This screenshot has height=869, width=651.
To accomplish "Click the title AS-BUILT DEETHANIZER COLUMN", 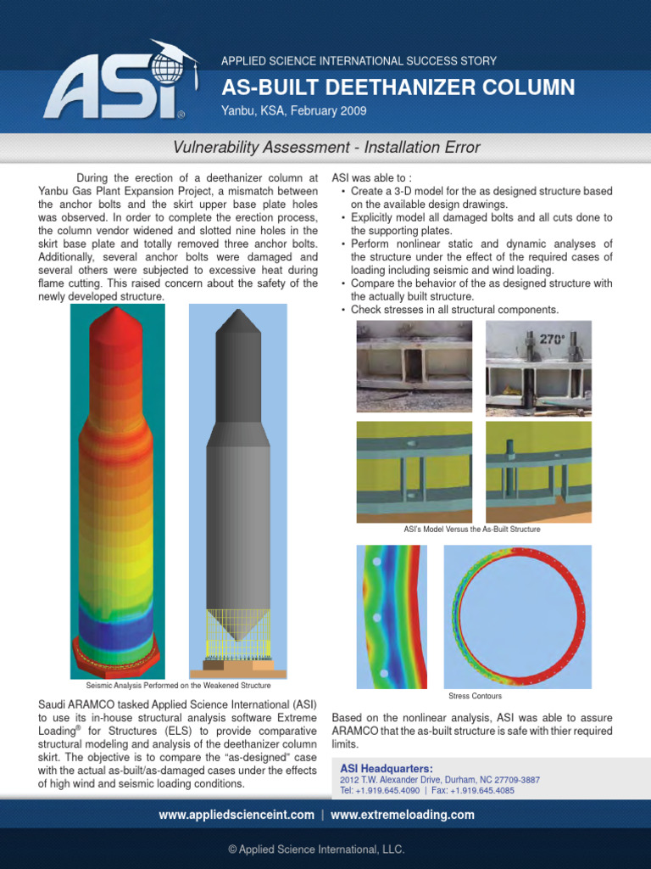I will pyautogui.click(x=398, y=87).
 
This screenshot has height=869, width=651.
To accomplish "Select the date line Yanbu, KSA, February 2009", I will pyautogui.click(x=293, y=111).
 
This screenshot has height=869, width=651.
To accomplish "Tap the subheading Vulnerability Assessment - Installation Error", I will pyautogui.click(x=326, y=148).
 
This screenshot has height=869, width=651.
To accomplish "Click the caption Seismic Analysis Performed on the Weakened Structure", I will pyautogui.click(x=178, y=685).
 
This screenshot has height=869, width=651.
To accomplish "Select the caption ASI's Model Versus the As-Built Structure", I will pyautogui.click(x=472, y=529).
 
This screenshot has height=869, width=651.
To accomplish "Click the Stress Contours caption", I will pyautogui.click(x=475, y=696).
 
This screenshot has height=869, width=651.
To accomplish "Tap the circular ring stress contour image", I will pyautogui.click(x=518, y=615).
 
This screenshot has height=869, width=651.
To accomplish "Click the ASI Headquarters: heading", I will pyautogui.click(x=386, y=768).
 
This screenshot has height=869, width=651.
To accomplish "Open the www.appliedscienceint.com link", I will pyautogui.click(x=236, y=815).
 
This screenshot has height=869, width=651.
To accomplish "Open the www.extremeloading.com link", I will pyautogui.click(x=403, y=815).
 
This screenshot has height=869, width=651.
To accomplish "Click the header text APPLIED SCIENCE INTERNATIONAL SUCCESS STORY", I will pyautogui.click(x=359, y=61).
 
